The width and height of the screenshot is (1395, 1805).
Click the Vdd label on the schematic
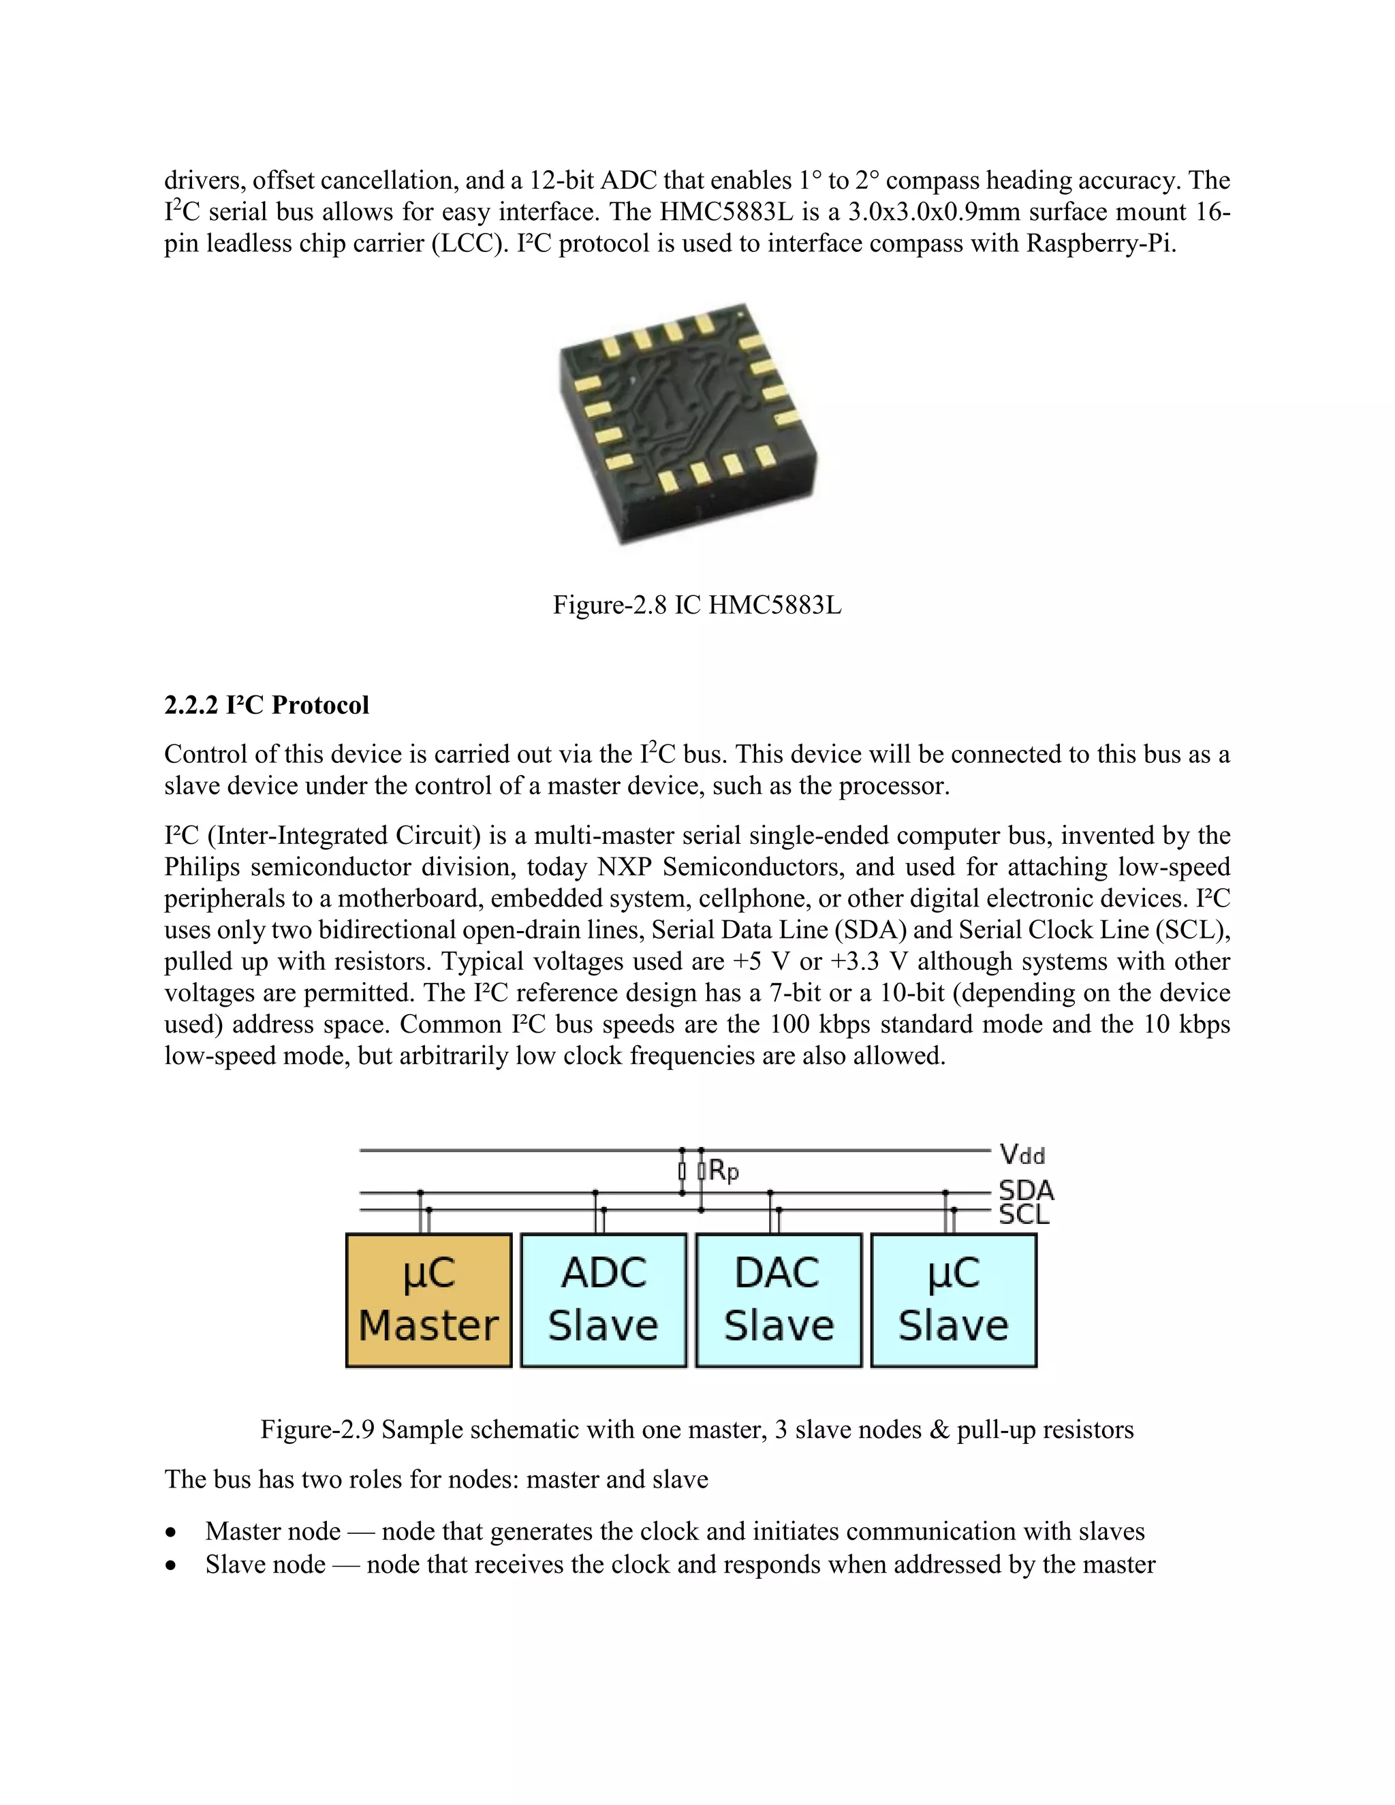coord(1022,1154)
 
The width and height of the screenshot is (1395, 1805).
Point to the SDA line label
coord(1026,1190)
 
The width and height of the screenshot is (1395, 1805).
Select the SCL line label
coord(1024,1214)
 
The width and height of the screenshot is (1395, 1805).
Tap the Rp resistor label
coord(724,1170)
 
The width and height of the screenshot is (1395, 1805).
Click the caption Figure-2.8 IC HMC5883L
coord(697,605)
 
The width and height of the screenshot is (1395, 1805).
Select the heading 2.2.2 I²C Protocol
coord(266,705)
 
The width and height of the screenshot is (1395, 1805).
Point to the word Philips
coord(202,867)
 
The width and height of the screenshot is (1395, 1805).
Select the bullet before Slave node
coord(171,1565)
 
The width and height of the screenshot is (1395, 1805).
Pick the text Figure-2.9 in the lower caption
coord(317,1430)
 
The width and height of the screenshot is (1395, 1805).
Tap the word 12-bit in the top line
coord(561,180)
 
